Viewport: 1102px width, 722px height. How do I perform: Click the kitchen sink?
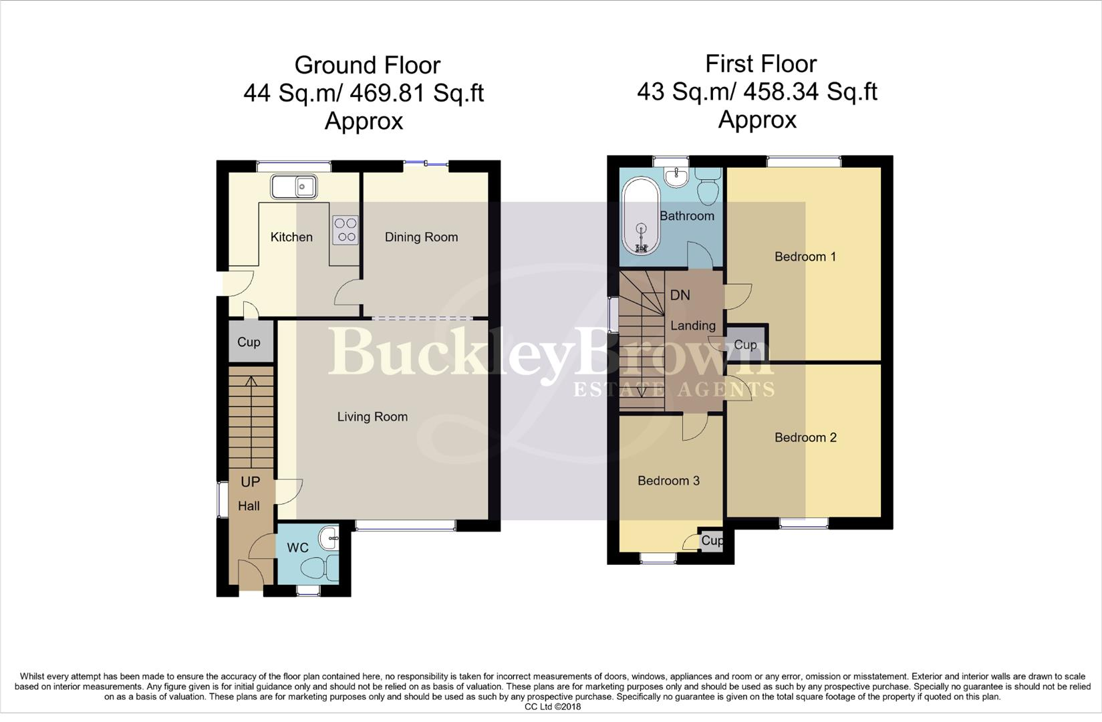tap(294, 187)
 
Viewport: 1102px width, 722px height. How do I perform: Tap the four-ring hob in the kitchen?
tap(345, 229)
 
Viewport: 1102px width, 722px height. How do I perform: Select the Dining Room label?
tap(421, 237)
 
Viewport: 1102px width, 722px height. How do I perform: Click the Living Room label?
tap(372, 417)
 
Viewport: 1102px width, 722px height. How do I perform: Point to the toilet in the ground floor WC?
tap(319, 568)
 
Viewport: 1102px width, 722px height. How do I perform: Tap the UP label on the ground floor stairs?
tap(250, 482)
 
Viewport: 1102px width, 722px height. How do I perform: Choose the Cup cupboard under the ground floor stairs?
tap(249, 342)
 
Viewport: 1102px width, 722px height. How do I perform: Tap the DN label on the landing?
tap(680, 295)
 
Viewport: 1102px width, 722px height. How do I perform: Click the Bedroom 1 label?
tap(805, 257)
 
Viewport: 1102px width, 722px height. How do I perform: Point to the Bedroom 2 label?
tap(805, 438)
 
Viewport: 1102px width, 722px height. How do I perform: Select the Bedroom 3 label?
tap(668, 481)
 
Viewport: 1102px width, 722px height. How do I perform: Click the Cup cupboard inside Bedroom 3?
tap(711, 540)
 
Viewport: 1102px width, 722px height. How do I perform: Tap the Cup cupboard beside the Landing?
tap(745, 344)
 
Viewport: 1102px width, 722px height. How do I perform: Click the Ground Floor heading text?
tap(367, 66)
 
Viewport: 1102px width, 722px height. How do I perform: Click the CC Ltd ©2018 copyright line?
tap(553, 707)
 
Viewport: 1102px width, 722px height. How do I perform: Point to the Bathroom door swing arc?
tap(700, 254)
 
